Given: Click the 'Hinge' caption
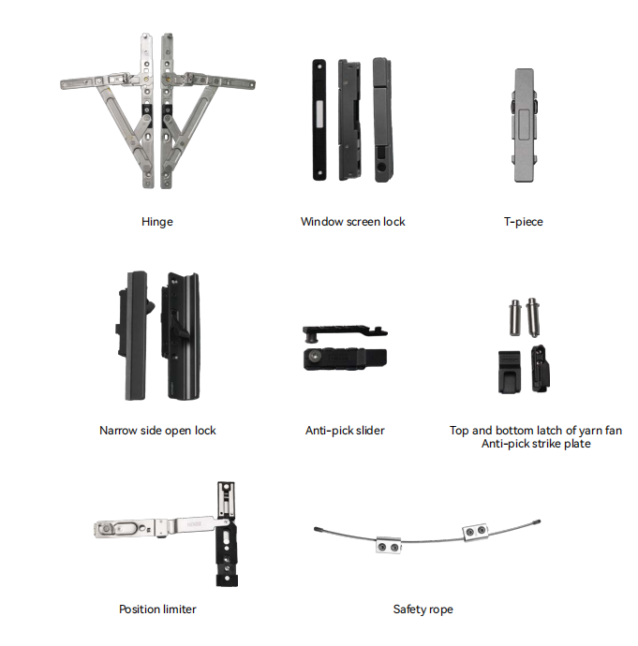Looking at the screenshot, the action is coord(157,222).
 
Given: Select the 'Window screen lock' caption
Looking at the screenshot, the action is coord(353,222).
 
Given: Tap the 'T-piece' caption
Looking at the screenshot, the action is coord(524,222).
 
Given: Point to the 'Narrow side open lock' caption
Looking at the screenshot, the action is coord(157,431).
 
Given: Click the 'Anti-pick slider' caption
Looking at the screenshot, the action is coord(345,431).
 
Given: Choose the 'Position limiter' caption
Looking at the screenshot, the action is coord(157,609).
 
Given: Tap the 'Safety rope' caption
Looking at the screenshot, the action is coord(423,609).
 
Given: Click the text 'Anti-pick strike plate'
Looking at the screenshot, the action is coord(536,444).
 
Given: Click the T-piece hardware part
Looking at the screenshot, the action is coord(525,125).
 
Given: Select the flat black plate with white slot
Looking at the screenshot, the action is coord(319,120).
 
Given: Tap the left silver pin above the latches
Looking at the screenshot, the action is coord(515,317).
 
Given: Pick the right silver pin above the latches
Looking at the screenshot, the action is coord(532,316).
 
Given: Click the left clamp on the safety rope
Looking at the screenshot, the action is coord(389,545).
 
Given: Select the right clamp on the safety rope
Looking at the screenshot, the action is coord(475,533).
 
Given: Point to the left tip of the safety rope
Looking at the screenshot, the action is coord(316,529).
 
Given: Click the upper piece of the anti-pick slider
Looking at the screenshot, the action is coord(345,332).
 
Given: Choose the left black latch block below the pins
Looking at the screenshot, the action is coord(510,372).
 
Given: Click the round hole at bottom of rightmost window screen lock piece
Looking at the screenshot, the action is coord(382,168).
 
